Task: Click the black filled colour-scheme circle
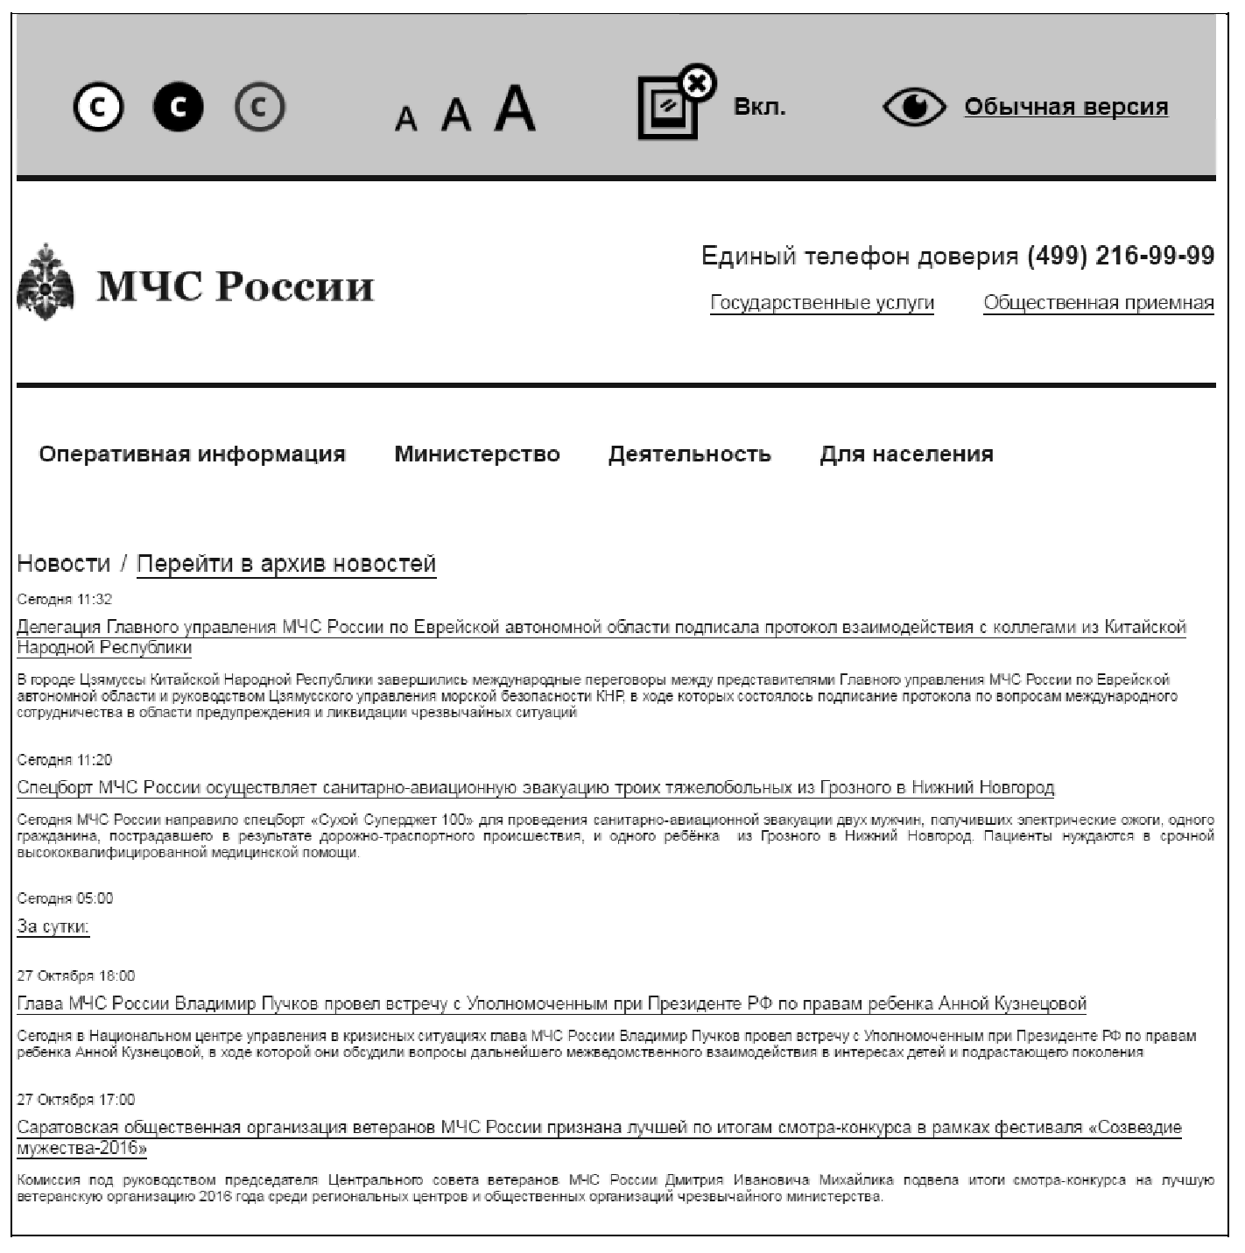(179, 107)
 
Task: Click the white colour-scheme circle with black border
(98, 107)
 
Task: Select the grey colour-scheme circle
(259, 107)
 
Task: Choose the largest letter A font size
(515, 109)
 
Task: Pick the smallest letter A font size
(405, 118)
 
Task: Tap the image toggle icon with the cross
(674, 103)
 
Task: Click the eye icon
(914, 107)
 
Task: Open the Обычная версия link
(1066, 107)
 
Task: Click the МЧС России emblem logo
(46, 283)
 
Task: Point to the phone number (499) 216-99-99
(1121, 256)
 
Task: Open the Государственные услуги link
(821, 303)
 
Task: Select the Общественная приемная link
(1098, 303)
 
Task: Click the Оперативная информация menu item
(192, 454)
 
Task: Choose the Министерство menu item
(476, 454)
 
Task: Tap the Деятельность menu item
(689, 454)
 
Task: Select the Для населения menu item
(906, 454)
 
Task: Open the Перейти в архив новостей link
(285, 563)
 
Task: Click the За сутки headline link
(53, 926)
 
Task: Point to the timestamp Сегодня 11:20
(65, 760)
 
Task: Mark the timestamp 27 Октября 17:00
(76, 1100)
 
